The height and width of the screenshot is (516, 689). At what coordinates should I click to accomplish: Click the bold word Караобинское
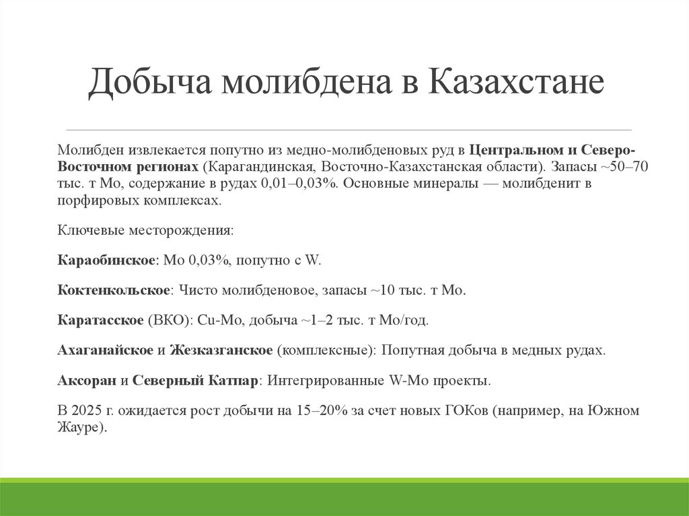pos(107,260)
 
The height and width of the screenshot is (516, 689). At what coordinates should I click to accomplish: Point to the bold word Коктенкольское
pos(113,291)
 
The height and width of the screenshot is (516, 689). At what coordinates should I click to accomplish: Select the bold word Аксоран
pos(87,381)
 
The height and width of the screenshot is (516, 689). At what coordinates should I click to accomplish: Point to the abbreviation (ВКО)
pos(169,321)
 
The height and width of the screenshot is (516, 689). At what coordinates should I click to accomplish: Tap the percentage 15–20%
pos(321,410)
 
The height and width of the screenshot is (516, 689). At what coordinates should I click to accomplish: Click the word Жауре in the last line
pos(79,427)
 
